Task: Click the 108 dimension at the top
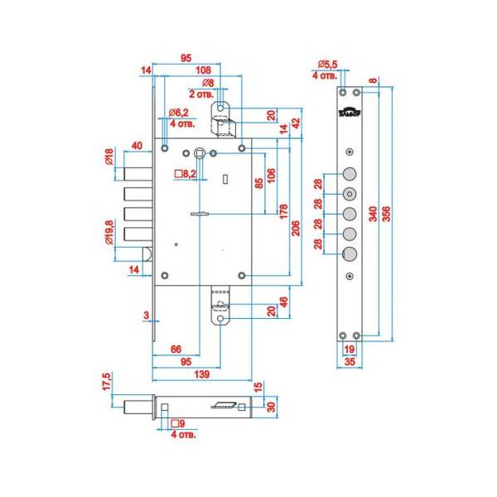click(x=201, y=70)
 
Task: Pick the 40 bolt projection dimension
click(x=137, y=146)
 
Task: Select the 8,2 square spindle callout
click(x=186, y=174)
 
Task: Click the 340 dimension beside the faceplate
click(x=374, y=213)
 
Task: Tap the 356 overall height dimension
click(x=387, y=213)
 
